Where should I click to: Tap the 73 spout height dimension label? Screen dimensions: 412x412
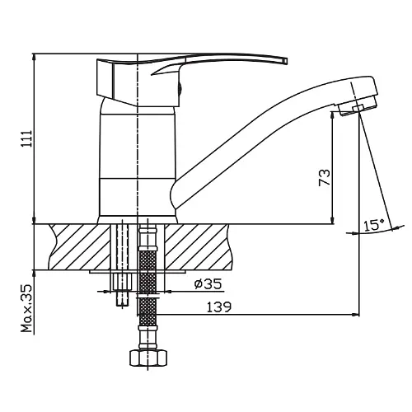click(324, 178)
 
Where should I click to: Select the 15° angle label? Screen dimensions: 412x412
click(374, 225)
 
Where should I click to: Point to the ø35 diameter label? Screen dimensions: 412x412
click(208, 284)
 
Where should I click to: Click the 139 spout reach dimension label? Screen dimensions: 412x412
click(219, 307)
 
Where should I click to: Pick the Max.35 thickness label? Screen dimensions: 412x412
click(27, 308)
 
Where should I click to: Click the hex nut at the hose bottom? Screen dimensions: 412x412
click(148, 358)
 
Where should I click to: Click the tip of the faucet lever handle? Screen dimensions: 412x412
click(286, 61)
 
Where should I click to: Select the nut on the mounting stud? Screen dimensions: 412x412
click(122, 282)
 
